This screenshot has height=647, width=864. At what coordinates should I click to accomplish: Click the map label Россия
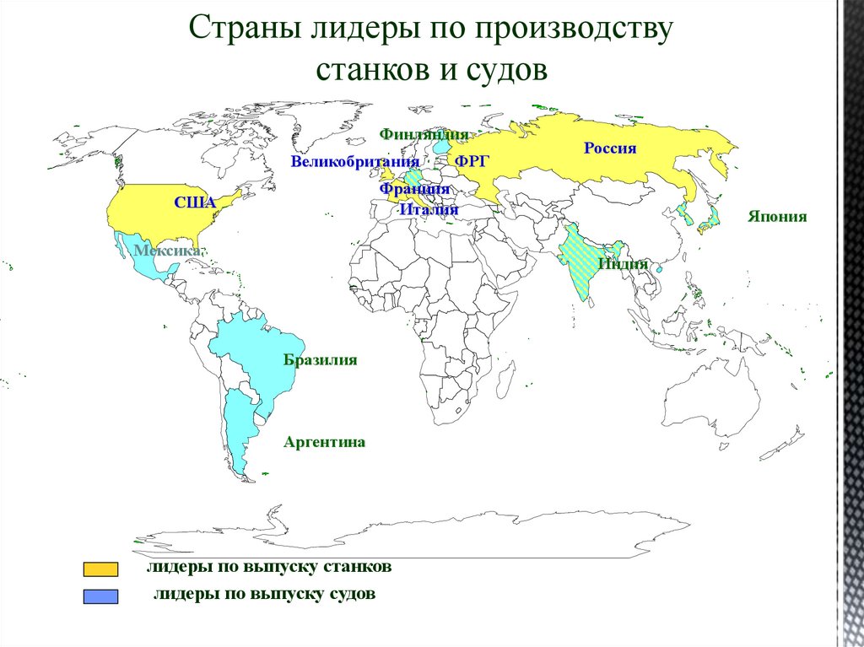click(610, 148)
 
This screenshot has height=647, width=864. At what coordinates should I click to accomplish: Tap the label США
click(195, 202)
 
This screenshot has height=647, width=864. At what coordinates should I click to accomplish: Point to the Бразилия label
click(321, 360)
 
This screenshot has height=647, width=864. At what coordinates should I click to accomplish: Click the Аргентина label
click(324, 442)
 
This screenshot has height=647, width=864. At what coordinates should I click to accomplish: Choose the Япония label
click(776, 217)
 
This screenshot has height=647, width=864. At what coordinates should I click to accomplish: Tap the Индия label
click(623, 264)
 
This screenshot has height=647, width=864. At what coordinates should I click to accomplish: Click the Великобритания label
click(355, 162)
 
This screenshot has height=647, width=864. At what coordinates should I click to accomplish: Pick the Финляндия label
click(424, 134)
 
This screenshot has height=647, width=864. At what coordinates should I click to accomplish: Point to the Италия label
click(429, 209)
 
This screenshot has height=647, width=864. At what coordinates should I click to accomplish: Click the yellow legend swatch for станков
click(100, 569)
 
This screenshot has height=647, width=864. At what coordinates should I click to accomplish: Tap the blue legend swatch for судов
click(100, 596)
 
